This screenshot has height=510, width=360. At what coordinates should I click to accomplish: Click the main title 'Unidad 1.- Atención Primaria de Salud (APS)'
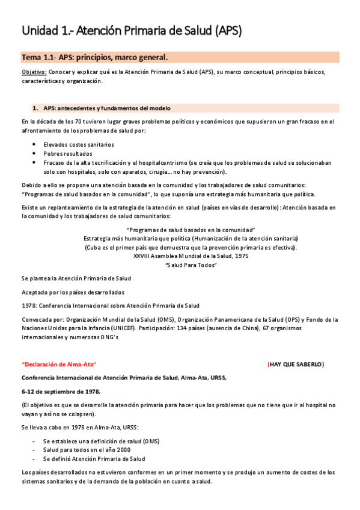(x=132, y=31)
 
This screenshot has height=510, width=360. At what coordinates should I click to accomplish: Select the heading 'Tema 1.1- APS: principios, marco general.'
(x=94, y=58)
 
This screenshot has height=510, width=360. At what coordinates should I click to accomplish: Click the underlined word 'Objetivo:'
(x=34, y=72)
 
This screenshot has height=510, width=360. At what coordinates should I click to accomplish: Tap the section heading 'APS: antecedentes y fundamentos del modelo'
(x=106, y=108)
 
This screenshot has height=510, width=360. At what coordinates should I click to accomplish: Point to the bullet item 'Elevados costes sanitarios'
(x=79, y=145)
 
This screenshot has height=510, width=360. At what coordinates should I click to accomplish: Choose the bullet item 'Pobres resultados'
(x=67, y=154)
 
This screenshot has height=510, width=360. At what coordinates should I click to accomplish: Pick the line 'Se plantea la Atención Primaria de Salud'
(x=76, y=278)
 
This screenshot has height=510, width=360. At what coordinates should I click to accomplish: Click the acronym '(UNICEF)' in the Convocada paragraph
(x=120, y=328)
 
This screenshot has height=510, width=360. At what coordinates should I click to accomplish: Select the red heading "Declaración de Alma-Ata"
(x=58, y=364)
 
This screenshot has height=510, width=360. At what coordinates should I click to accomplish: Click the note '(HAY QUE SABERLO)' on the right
(x=296, y=364)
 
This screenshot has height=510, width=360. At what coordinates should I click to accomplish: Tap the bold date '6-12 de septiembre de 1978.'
(x=61, y=392)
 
